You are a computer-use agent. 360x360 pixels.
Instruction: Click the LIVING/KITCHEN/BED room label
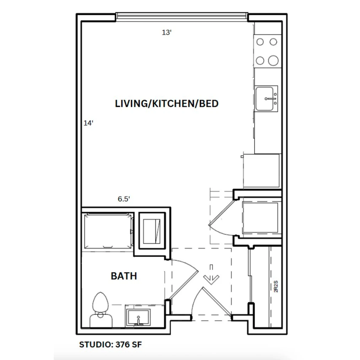[x=167, y=104]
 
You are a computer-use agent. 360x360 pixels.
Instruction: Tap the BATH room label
[x=124, y=276]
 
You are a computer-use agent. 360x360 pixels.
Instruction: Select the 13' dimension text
[x=167, y=33]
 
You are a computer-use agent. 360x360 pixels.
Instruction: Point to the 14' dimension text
[x=88, y=123]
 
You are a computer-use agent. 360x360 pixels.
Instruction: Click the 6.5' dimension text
[x=124, y=199]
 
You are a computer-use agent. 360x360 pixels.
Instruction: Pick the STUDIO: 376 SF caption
[x=110, y=344]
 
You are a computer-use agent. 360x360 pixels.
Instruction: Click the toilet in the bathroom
[x=101, y=310]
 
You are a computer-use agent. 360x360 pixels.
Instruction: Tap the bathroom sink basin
[x=138, y=317]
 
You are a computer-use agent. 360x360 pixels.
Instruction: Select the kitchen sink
[x=266, y=98]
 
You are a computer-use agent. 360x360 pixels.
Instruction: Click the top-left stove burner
[x=260, y=42]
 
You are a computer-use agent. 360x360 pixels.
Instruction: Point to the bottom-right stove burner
[x=273, y=61]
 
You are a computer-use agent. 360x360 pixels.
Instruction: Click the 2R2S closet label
[x=276, y=286]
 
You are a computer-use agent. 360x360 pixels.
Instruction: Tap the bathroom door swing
[x=184, y=280]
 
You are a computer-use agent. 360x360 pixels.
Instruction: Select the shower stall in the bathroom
[x=108, y=231]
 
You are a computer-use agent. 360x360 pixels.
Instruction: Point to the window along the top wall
[x=182, y=17]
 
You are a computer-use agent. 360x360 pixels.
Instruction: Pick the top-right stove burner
[x=273, y=42]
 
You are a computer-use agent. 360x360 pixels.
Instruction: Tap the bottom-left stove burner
[x=260, y=61]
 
